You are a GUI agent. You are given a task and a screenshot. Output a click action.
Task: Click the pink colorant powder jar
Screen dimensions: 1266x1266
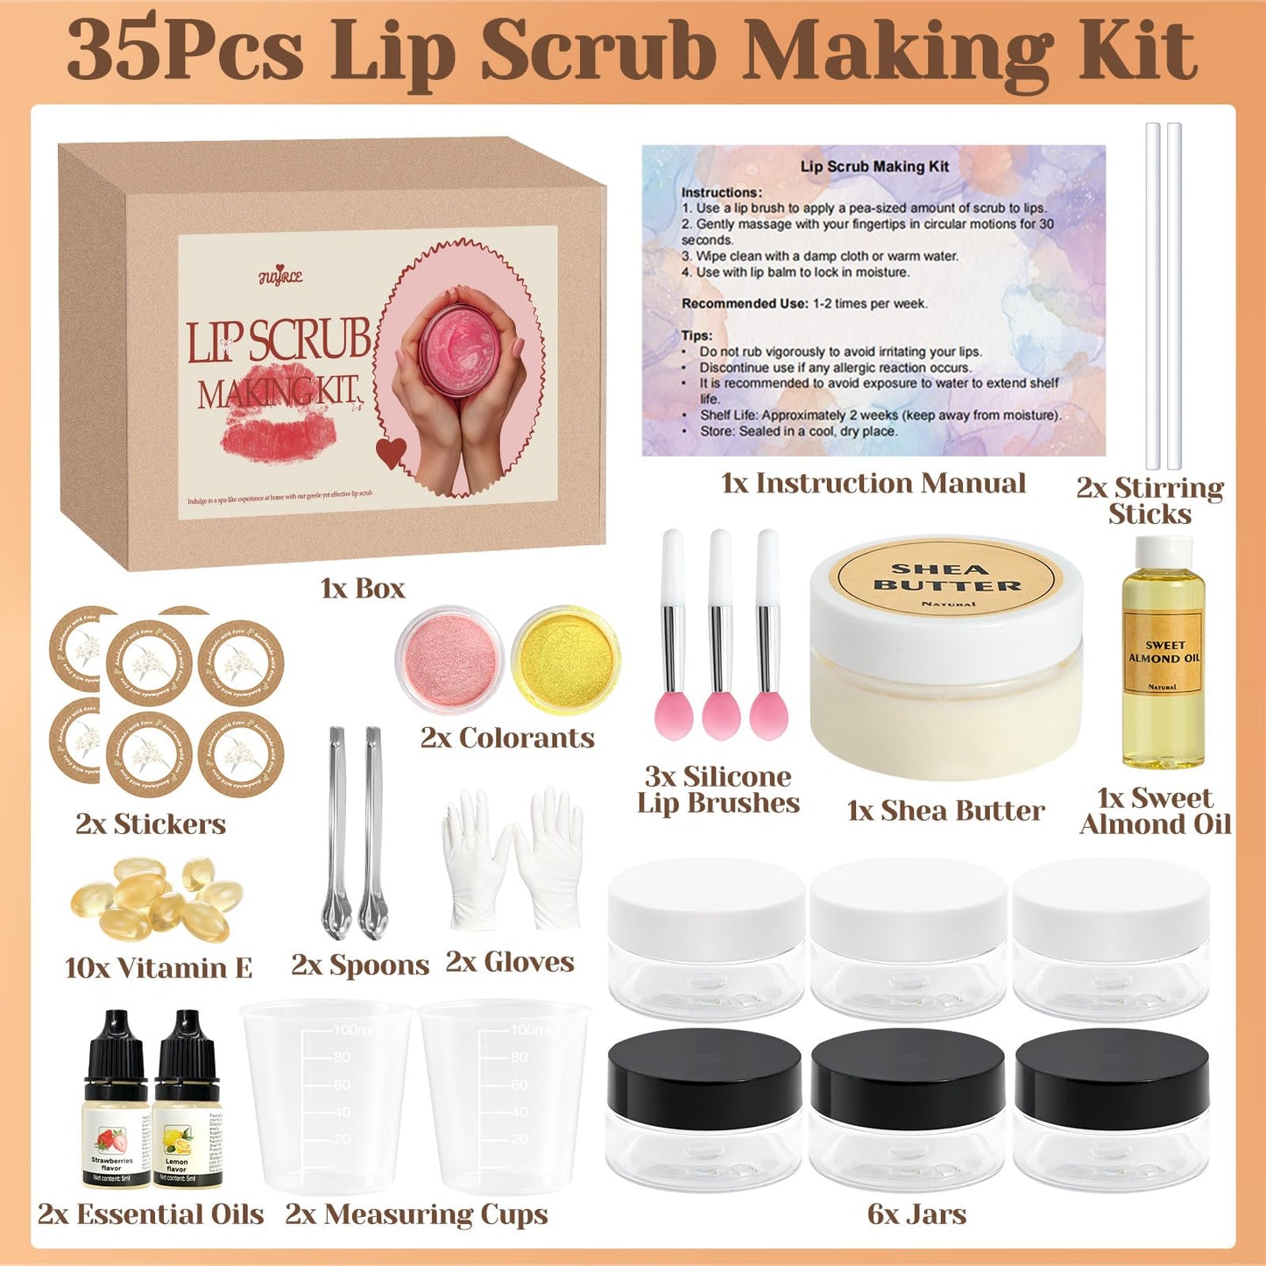point(449,660)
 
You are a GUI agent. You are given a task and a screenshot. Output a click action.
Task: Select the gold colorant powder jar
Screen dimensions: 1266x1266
point(565,660)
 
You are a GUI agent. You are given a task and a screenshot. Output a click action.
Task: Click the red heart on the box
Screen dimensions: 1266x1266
point(391,452)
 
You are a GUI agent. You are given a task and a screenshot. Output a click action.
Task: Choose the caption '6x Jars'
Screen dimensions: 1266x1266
point(916,1214)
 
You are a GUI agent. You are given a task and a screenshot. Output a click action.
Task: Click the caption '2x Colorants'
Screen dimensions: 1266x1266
point(507,738)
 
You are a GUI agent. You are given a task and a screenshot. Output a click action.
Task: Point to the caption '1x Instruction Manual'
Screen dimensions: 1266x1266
point(873,483)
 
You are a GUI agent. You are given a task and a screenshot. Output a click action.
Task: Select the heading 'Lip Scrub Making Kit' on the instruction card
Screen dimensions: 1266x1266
point(874,166)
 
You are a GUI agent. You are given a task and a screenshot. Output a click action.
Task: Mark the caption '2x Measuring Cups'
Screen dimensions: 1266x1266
point(416,1214)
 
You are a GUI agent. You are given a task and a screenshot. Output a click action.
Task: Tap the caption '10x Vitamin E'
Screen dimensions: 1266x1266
point(159,968)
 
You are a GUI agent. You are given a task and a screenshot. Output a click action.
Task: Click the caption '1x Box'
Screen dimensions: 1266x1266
point(363,588)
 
